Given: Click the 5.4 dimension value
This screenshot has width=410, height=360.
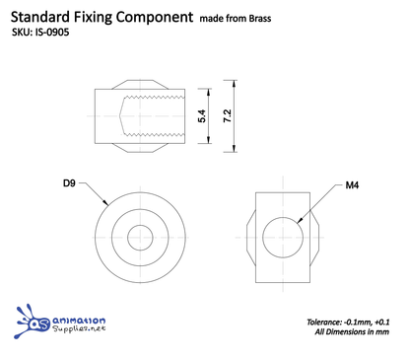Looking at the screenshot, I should (201, 115).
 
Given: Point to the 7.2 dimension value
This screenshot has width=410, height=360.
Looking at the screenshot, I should (228, 115).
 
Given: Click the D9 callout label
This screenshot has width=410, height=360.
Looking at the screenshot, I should (69, 183).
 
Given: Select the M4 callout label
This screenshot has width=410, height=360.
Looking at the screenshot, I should (352, 184).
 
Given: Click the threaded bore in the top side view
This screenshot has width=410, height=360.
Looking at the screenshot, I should (154, 115).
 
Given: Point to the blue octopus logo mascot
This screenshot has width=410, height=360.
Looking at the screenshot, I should (34, 324).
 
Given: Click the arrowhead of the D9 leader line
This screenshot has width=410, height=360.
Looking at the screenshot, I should (107, 206).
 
